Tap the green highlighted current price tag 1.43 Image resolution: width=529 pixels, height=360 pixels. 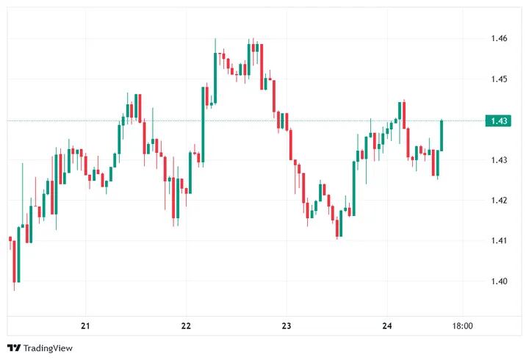[499, 120]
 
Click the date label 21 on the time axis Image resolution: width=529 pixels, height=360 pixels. [85, 326]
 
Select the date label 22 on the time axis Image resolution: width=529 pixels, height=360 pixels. [186, 326]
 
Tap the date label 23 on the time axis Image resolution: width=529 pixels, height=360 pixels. [287, 326]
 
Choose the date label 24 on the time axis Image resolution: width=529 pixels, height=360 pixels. [388, 326]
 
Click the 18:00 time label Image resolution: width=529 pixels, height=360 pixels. [462, 326]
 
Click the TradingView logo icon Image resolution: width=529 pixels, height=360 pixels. [13, 348]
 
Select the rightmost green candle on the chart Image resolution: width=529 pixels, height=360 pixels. [442, 135]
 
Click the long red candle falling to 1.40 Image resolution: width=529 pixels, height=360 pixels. [14, 260]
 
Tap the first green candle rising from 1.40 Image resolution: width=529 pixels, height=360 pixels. [18, 254]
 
